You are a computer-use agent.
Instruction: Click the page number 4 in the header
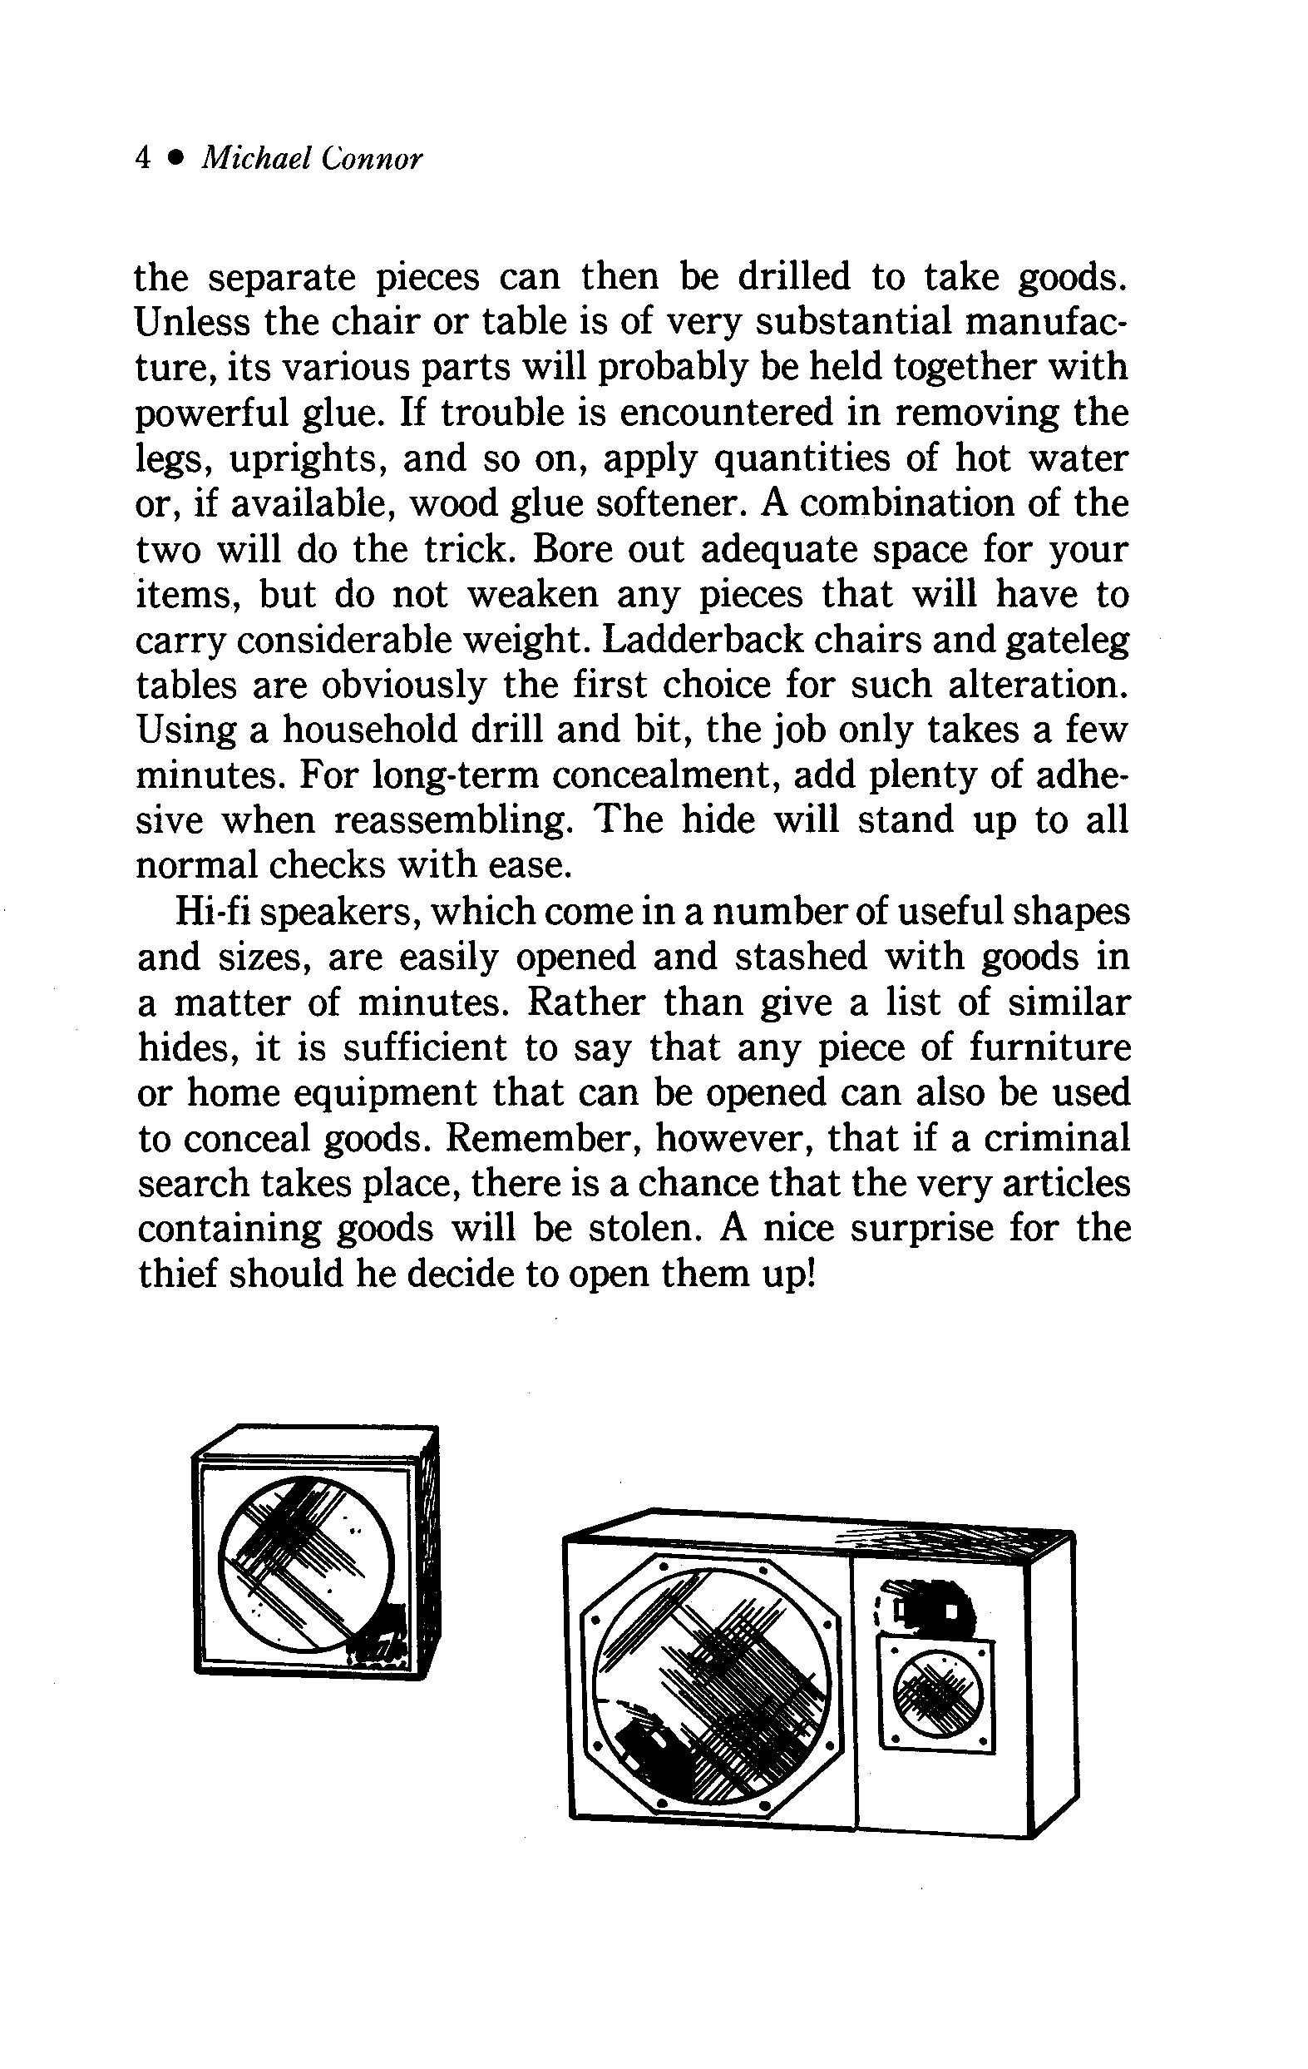tap(143, 158)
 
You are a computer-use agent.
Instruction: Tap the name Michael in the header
tap(255, 158)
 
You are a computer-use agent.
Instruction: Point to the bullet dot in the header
tap(177, 158)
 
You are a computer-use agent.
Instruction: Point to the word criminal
tap(1057, 1138)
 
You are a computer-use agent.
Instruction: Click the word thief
tap(175, 1275)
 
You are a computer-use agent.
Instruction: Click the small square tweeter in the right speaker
tap(936, 1694)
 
